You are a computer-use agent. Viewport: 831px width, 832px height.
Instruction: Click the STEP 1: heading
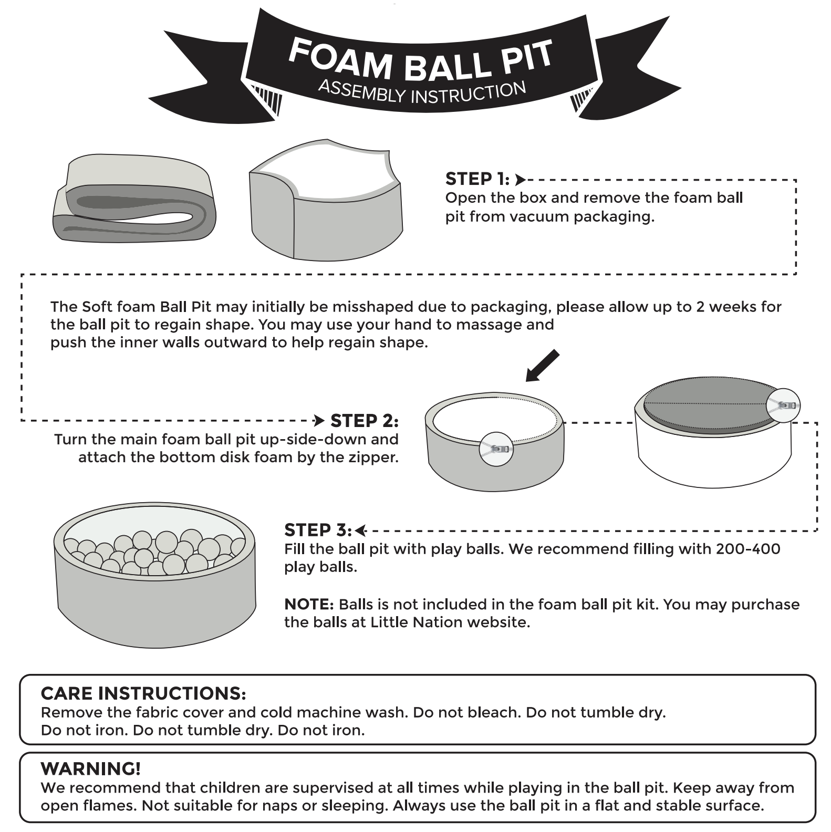pos(477,179)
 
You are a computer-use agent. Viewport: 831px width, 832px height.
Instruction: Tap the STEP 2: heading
pos(364,421)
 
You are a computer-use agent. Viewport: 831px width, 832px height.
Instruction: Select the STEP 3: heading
pos(318,530)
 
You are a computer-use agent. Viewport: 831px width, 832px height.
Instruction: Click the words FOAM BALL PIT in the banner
pos(420,59)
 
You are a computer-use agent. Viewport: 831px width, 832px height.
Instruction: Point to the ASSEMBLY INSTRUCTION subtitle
pos(422,93)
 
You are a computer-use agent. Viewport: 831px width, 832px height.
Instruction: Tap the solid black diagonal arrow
pos(543,366)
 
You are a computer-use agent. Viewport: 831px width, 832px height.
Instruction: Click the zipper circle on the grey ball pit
pos(496,449)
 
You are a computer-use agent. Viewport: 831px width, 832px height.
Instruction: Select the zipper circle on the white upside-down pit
pos(783,405)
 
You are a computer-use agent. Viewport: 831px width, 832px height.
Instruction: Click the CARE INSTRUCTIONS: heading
pos(143,693)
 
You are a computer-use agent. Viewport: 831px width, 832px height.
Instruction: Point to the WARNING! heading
pos(90,769)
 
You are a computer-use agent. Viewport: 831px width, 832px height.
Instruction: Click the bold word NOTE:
pos(309,605)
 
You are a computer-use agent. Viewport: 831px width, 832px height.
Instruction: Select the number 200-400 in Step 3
pos(748,549)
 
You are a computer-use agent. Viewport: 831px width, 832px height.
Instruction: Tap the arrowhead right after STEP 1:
pos(520,180)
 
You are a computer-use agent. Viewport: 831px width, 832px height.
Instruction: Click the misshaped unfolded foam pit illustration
pos(326,202)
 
